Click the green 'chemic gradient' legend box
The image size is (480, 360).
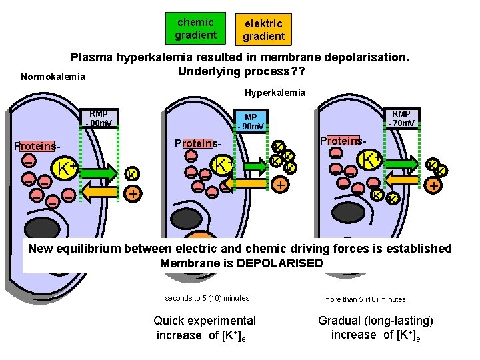pos(196,29)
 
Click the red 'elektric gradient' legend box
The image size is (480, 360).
pos(263,29)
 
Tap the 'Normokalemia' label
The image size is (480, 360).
pos(53,77)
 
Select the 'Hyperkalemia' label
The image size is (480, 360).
pos(275,93)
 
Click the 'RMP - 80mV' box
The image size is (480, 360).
pos(99,118)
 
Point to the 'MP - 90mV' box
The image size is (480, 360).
pos(251,121)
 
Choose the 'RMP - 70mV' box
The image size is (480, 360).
pos(401,118)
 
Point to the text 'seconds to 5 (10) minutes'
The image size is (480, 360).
pos(207,298)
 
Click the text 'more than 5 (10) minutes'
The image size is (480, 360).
pos(365,299)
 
